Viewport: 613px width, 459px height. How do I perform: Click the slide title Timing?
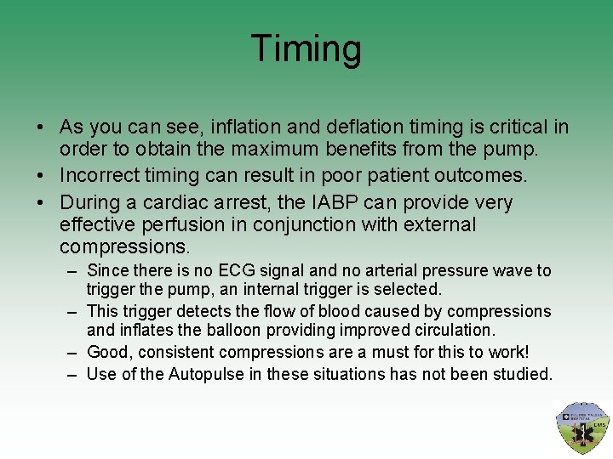click(306, 49)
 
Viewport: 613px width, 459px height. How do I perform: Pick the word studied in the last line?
click(523, 374)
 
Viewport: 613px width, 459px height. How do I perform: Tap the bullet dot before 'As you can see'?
click(41, 128)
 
